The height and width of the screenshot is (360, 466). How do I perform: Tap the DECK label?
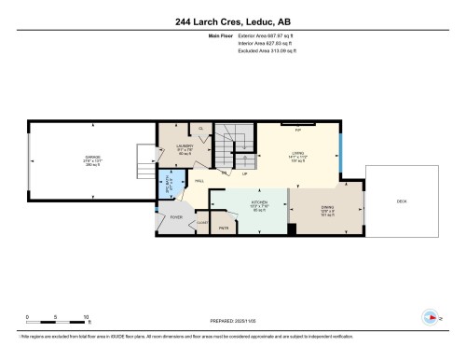(402, 201)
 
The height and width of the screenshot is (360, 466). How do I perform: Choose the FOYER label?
(173, 217)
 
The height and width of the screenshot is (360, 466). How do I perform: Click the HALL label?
(199, 181)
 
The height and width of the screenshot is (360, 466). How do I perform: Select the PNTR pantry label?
(224, 227)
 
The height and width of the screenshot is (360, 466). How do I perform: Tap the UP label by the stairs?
(244, 174)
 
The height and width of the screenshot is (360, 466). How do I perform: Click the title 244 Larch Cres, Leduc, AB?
(232, 21)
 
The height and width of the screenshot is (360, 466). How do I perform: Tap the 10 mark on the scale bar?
(86, 316)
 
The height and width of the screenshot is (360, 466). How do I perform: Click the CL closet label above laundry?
(200, 128)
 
